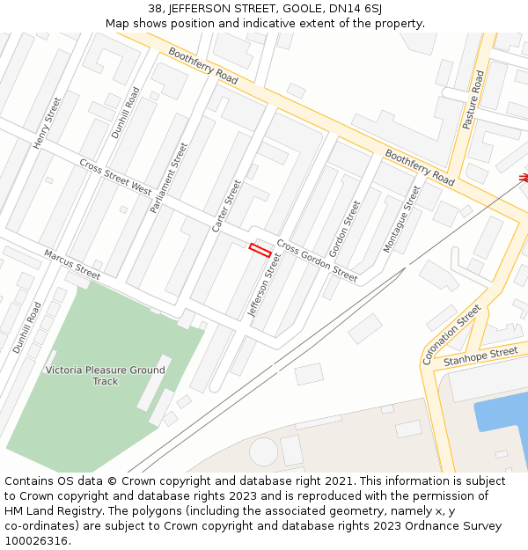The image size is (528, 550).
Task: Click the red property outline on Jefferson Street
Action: tap(259, 250)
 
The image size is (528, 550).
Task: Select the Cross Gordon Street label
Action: tap(317, 260)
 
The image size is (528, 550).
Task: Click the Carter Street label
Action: tap(226, 206)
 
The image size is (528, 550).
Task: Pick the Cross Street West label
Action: tap(115, 177)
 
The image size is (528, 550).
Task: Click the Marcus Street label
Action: tap(72, 264)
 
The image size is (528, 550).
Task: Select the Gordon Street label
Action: tap(344, 229)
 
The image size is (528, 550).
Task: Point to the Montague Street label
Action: tap(402, 219)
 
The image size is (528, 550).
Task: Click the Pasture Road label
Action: tap(473, 100)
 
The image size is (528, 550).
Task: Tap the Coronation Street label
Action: tap(451, 334)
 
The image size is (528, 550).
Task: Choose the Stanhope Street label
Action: tap(480, 356)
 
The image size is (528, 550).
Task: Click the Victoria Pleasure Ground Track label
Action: tap(106, 376)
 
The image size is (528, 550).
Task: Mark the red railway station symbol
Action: tap(523, 178)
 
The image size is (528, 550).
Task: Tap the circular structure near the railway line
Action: tap(263, 452)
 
